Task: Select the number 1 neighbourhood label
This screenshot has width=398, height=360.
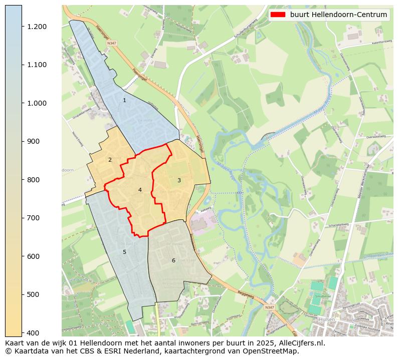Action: pyautogui.click(x=124, y=101)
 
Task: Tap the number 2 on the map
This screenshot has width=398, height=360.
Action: pyautogui.click(x=110, y=160)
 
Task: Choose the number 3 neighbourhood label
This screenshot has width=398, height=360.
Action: pyautogui.click(x=178, y=180)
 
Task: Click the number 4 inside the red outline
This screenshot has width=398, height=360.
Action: pyautogui.click(x=140, y=190)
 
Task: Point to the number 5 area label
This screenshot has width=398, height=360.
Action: pyautogui.click(x=124, y=252)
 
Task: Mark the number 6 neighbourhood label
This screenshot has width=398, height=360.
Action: pyautogui.click(x=173, y=260)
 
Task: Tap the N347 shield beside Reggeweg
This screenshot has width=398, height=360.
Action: pyautogui.click(x=270, y=307)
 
